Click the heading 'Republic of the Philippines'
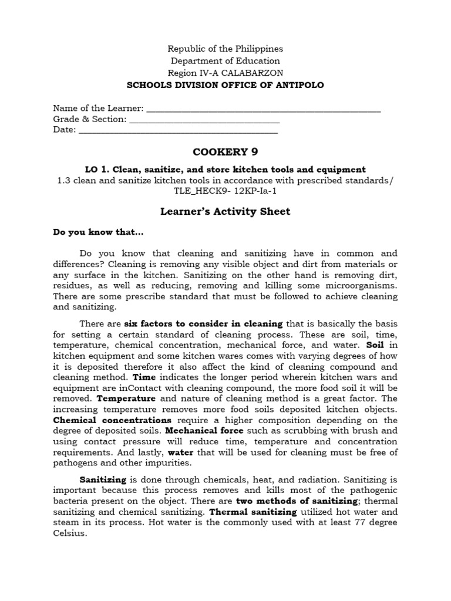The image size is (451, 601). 225,49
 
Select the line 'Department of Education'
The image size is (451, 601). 225,61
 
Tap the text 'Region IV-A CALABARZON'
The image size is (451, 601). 225,73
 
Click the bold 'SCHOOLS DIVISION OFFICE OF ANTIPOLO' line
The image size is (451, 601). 225,85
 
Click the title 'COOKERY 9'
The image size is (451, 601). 225,153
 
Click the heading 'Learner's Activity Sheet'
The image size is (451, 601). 225,211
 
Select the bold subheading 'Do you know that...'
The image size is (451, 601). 98,232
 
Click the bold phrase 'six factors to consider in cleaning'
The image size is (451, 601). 203,323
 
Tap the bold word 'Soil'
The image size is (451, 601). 374,345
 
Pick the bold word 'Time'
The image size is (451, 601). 144,377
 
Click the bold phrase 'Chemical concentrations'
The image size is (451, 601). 112,420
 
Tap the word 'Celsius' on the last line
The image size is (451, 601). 69,534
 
